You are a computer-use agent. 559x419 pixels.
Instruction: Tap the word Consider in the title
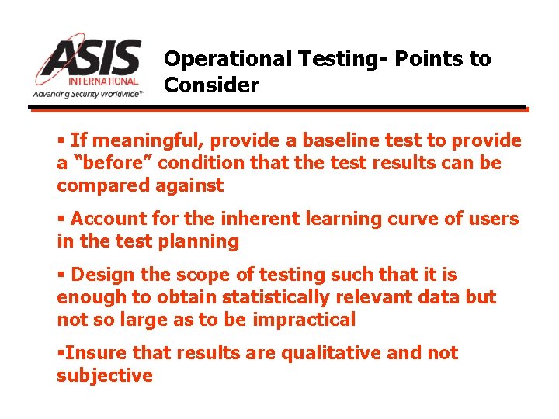point(211,85)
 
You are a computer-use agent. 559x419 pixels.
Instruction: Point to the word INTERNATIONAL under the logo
point(103,80)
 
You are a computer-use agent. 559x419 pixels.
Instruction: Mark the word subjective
point(105,376)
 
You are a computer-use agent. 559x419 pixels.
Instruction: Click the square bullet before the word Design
point(61,275)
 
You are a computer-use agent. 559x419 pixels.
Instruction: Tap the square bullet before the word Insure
point(60,354)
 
